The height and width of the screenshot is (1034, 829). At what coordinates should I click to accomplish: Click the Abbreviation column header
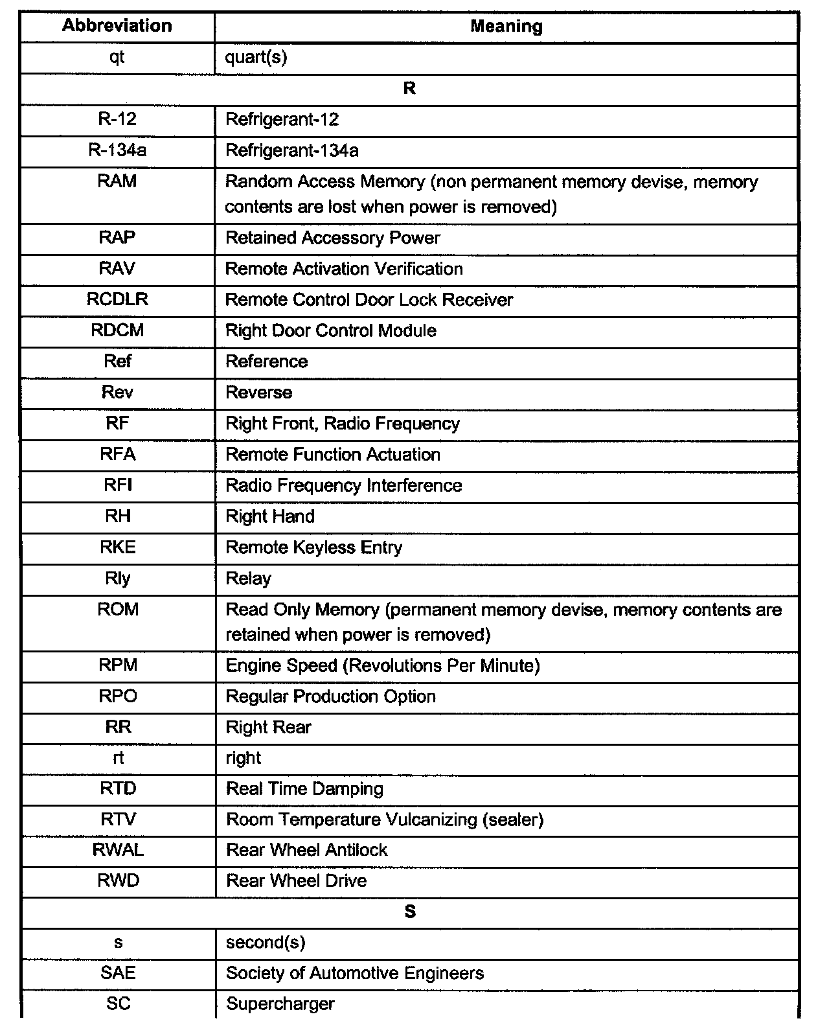point(117,26)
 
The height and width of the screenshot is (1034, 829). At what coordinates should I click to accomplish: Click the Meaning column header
point(506,27)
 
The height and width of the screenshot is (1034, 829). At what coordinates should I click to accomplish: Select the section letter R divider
point(409,89)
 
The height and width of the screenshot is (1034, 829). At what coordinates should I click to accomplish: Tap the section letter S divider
point(409,912)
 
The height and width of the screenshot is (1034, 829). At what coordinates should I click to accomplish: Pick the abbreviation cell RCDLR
point(117,300)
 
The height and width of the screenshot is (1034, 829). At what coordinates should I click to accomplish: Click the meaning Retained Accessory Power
point(332,238)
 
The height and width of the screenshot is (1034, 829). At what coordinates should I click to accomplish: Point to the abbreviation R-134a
point(117,151)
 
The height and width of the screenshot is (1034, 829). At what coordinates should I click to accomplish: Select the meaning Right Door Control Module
point(330,330)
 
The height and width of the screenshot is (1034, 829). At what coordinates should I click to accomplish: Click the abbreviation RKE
point(117,547)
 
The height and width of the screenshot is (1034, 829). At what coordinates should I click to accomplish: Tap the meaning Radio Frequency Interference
point(343,485)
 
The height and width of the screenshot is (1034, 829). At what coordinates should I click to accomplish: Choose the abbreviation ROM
point(117,610)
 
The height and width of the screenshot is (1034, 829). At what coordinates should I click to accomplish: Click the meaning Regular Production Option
point(330,696)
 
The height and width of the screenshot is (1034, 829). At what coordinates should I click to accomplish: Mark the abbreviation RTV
point(118,820)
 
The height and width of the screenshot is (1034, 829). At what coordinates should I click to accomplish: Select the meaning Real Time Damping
point(304,788)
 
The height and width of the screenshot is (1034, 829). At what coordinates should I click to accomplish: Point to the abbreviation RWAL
point(118,850)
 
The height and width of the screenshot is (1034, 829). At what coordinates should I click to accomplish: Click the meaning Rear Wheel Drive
point(296,880)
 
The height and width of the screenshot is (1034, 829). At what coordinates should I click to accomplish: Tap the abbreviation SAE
point(118,973)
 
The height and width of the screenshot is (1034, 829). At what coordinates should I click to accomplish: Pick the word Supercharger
point(280,1004)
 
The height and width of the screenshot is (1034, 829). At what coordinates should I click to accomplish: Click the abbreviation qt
point(117,58)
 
